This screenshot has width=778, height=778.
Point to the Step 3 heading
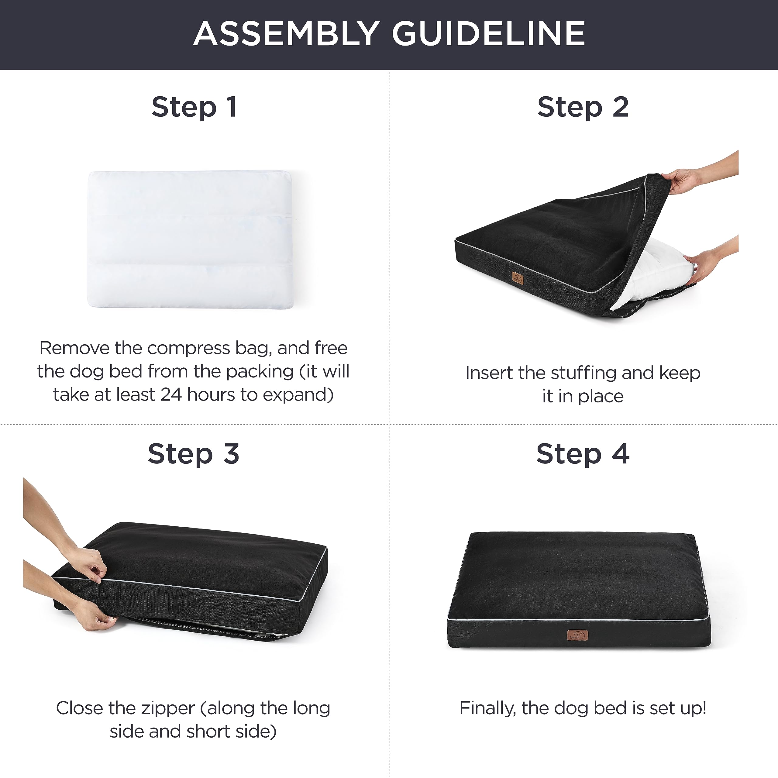193,454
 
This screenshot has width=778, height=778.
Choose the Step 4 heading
583,454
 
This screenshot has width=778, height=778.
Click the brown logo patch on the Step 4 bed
577,635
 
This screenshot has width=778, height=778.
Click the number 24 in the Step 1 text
171,395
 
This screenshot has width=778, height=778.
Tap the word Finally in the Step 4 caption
487,708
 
